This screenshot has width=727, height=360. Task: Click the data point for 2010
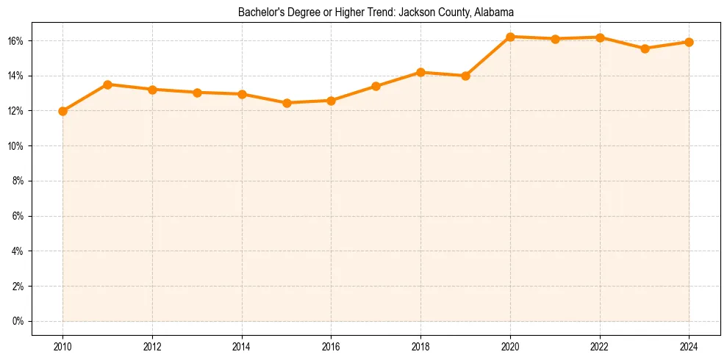(x=62, y=111)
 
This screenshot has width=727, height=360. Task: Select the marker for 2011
(x=107, y=84)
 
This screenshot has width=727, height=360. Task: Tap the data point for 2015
(x=287, y=103)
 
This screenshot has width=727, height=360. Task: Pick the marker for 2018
(x=420, y=72)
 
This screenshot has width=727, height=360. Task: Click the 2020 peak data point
(x=510, y=37)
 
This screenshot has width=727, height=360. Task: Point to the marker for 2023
(x=645, y=48)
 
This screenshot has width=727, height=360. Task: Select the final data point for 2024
(x=689, y=42)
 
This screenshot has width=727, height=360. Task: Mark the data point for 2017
(x=376, y=86)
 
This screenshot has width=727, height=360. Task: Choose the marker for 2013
(x=197, y=93)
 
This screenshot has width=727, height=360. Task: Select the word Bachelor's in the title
(x=260, y=12)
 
